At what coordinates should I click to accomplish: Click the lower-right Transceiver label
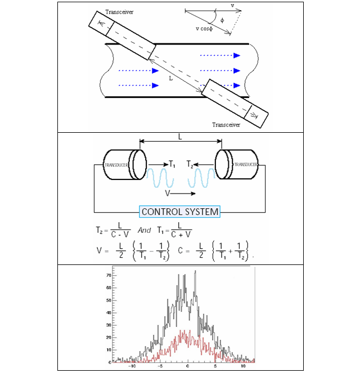coord(226,124)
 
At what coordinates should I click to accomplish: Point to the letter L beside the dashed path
coord(170,78)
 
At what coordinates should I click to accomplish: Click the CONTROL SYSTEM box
coord(179,212)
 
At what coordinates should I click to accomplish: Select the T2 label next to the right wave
coord(190,165)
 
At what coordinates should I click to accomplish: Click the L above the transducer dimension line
coord(179,137)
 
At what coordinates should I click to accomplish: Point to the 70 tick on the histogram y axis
coord(109,276)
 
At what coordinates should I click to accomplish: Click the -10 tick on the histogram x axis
coord(132,366)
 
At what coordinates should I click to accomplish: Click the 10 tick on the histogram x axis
coord(243,366)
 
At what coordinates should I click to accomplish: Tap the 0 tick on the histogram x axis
coord(188,366)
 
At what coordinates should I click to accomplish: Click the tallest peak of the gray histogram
coord(195,272)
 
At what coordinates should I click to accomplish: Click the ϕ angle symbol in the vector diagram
coord(222,21)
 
